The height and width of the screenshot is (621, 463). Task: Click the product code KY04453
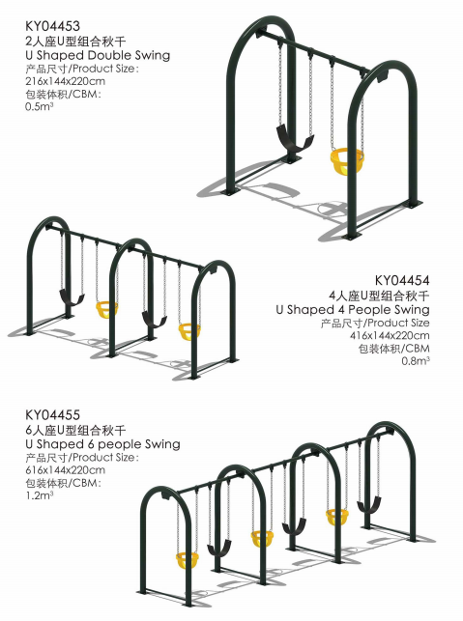(x=52, y=26)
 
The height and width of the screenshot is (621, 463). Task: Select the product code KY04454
(x=402, y=280)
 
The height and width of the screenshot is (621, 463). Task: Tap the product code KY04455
(x=52, y=415)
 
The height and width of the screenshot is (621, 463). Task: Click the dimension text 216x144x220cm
(x=66, y=81)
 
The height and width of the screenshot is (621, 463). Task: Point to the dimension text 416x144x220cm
(x=390, y=335)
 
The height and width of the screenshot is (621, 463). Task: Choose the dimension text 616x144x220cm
(x=66, y=470)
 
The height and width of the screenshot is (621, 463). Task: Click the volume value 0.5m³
(x=40, y=106)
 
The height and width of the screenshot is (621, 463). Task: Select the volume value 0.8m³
(x=416, y=361)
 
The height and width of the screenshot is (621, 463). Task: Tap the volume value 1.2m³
(x=40, y=495)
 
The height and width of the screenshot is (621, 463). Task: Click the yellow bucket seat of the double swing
(x=346, y=160)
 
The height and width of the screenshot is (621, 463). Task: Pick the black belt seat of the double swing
(x=294, y=140)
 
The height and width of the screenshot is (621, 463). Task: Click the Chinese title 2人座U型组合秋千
(x=75, y=41)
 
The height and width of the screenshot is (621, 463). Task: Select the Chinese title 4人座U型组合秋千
(x=379, y=296)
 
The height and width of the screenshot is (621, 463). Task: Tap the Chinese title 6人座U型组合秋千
(x=75, y=430)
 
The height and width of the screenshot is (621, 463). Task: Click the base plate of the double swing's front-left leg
(x=230, y=192)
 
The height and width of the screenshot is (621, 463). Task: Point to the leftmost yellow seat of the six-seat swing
(x=187, y=560)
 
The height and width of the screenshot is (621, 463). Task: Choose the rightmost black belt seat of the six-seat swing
(x=369, y=505)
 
